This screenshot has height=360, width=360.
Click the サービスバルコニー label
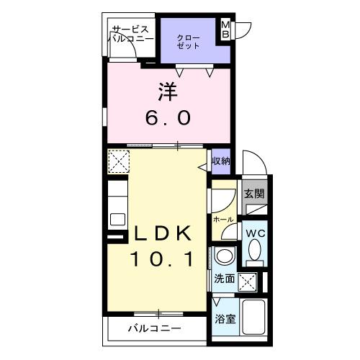132,34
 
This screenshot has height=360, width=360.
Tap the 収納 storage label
221,161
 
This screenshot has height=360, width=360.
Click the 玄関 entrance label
253,193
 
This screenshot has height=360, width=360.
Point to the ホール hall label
221,217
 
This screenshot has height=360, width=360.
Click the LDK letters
161,234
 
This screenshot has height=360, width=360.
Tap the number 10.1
161,258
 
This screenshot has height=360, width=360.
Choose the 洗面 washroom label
224,279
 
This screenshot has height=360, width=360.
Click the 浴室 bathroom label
225,319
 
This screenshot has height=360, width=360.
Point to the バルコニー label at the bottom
155,329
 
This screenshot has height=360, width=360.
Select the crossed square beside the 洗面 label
249,281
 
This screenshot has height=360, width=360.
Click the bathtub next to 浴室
256,318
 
